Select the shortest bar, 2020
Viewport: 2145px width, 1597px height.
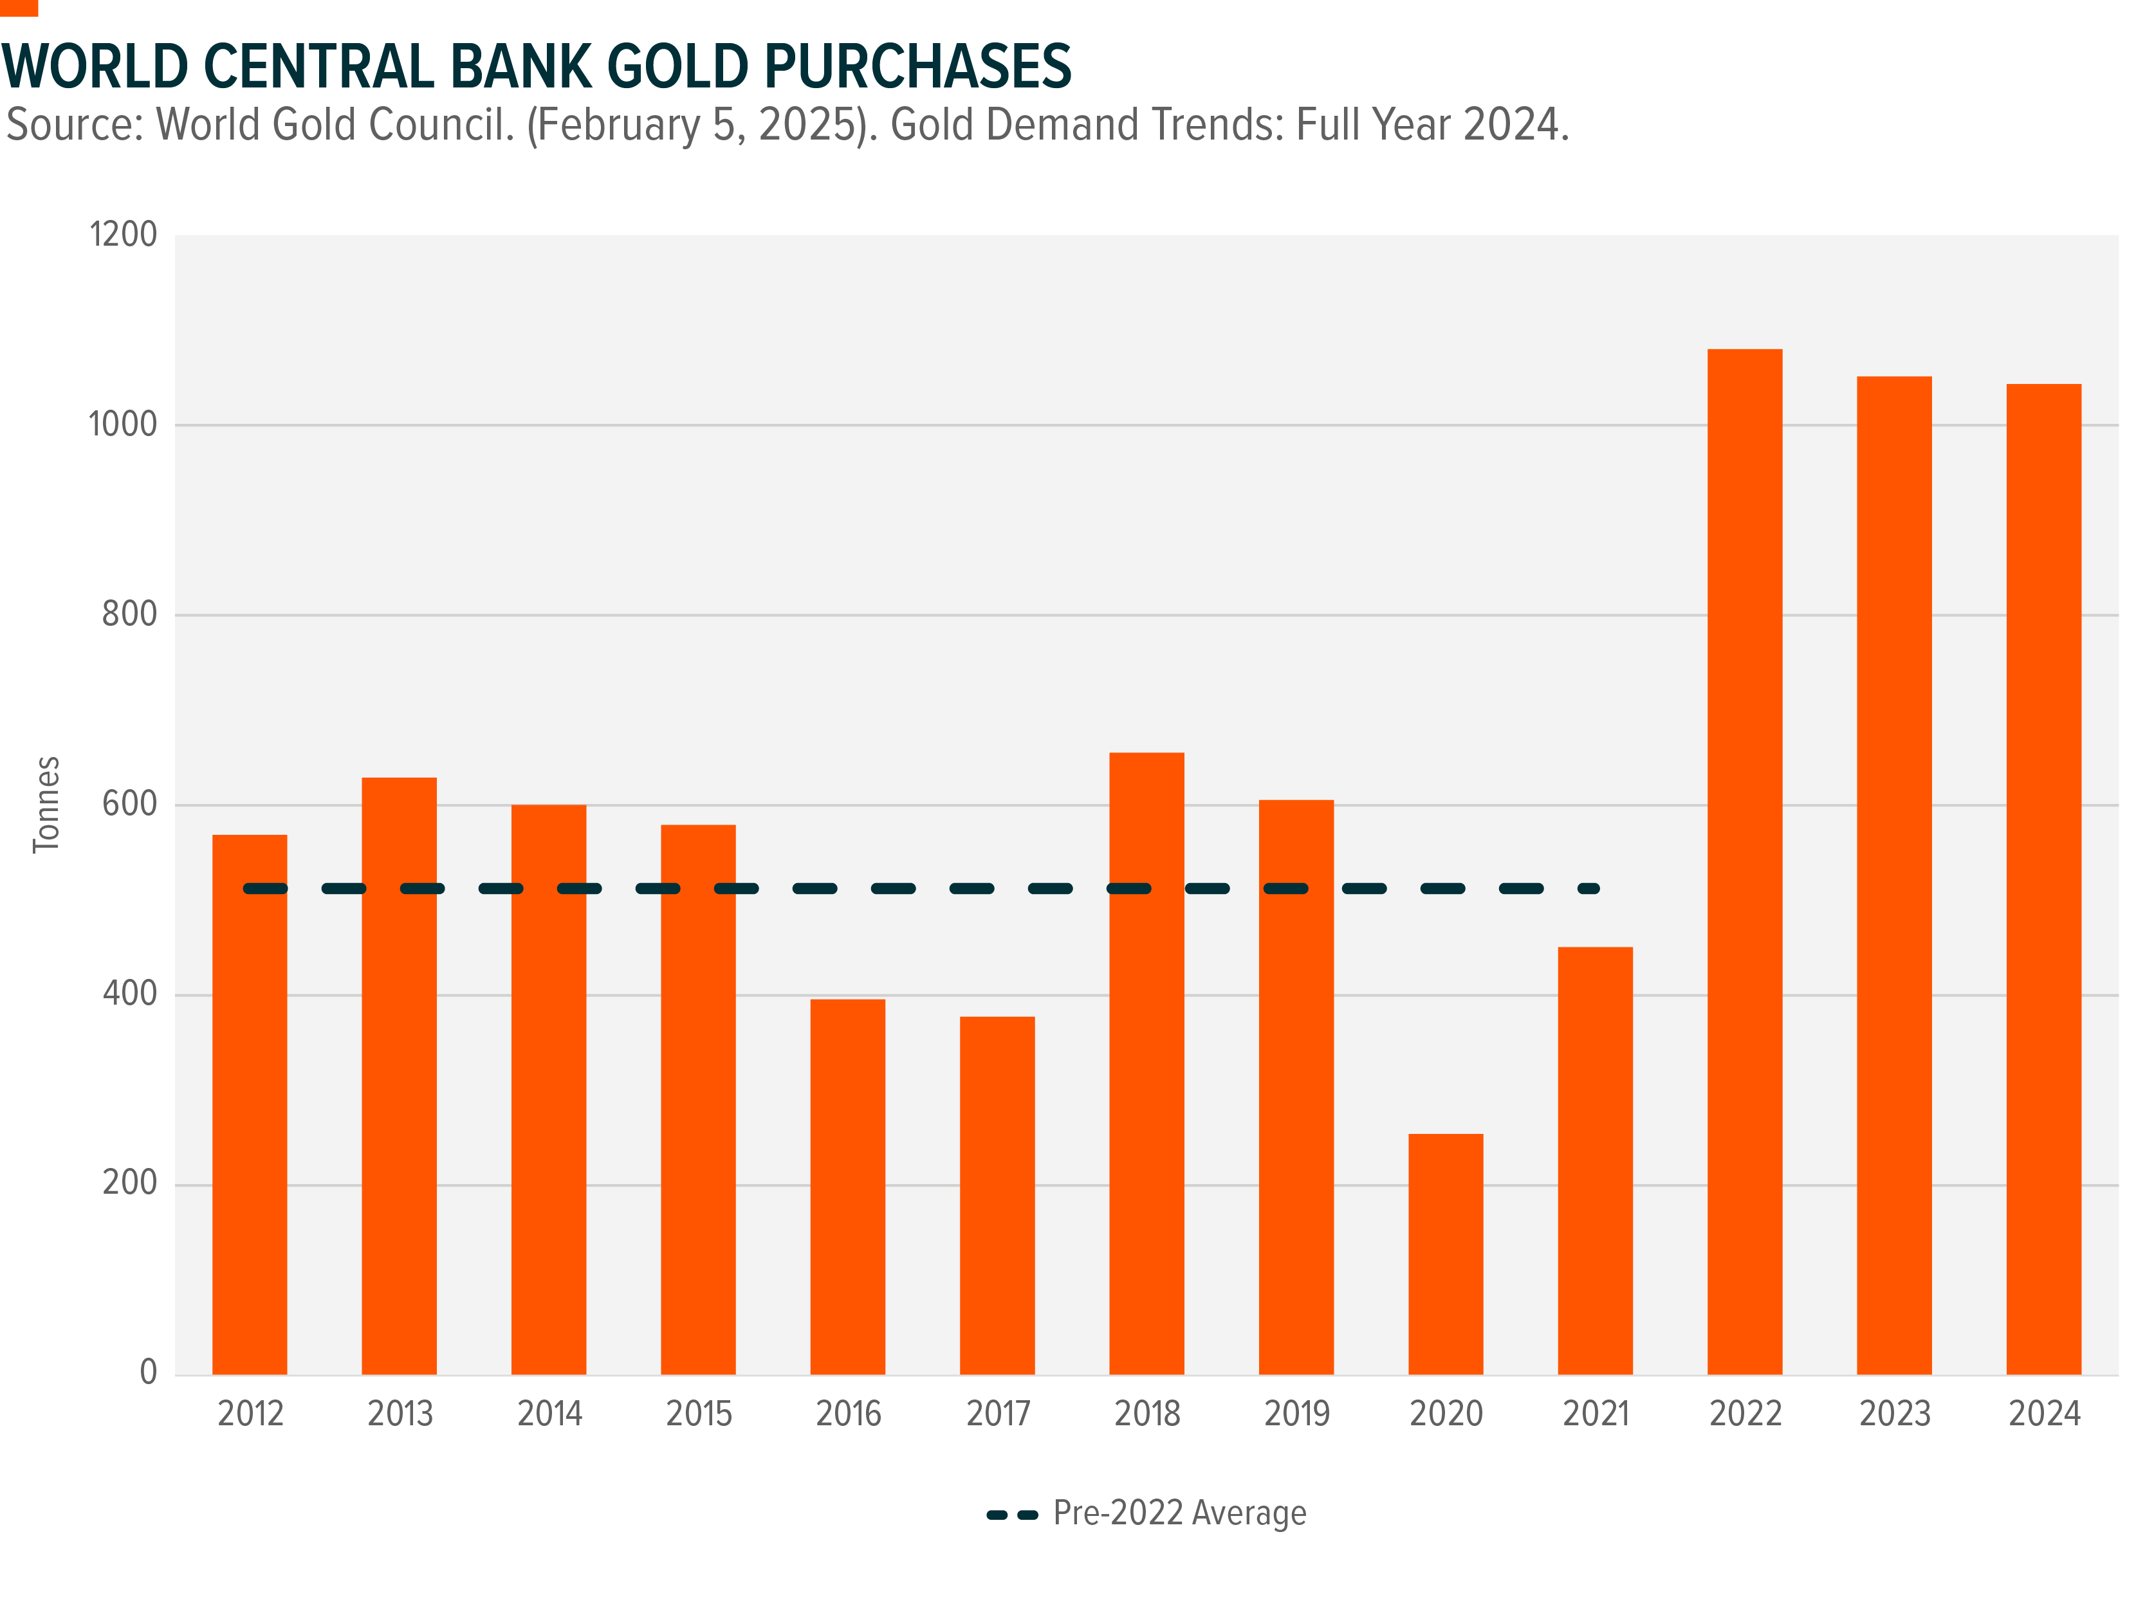coord(1445,1253)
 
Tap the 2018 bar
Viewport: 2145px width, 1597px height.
coord(1146,1063)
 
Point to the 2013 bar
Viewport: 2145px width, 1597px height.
coord(398,1075)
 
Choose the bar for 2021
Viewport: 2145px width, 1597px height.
coord(1595,1160)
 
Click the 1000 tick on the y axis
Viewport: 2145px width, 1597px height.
coord(123,424)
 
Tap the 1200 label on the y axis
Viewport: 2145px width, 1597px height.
coord(123,234)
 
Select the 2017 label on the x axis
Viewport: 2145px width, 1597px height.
coord(998,1413)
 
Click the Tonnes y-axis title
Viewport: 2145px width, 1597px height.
coord(46,805)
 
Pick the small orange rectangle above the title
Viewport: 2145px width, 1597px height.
coord(19,7)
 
